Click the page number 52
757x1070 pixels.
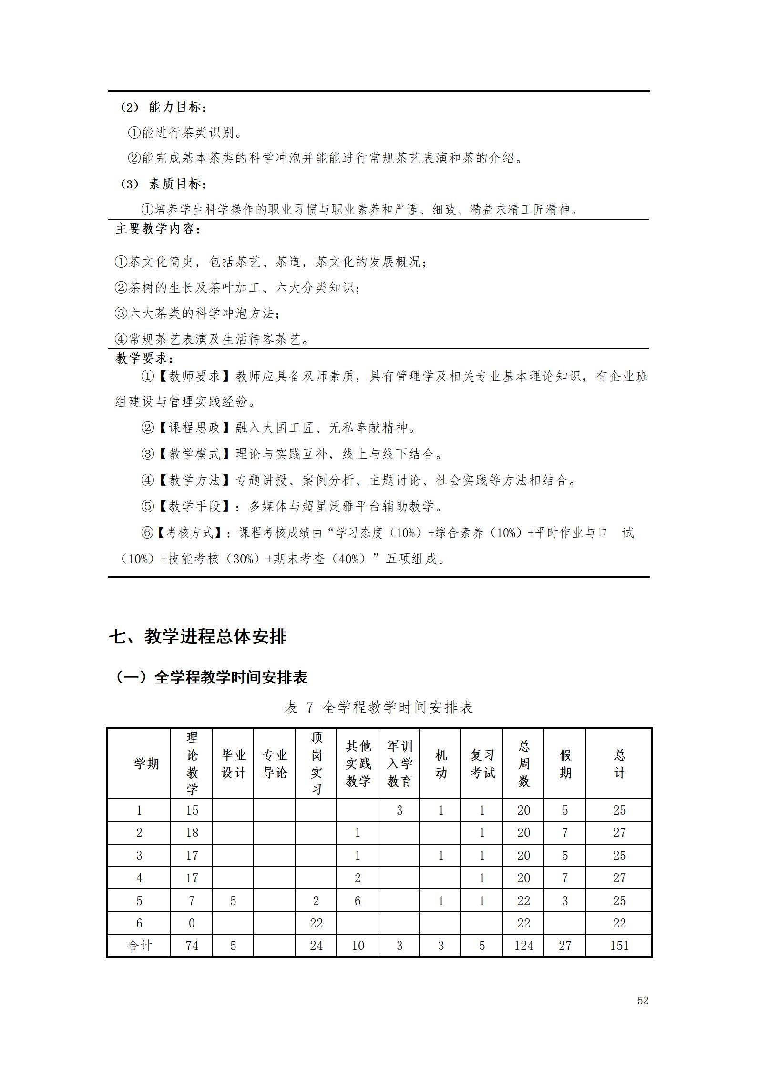pos(643,1000)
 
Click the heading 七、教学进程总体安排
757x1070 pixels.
pos(197,636)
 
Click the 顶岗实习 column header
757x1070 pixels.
pos(317,764)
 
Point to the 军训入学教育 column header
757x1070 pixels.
pos(399,764)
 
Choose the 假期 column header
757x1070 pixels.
pos(565,764)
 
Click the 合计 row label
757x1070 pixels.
pos(139,946)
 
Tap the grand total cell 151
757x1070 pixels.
pos(619,946)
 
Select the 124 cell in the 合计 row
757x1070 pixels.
pos(523,946)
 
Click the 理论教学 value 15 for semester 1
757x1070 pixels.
pos(192,810)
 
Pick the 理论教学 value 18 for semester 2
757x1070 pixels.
pos(192,833)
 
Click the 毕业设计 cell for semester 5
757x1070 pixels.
pos(233,901)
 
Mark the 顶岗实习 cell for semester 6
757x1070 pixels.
pos(317,923)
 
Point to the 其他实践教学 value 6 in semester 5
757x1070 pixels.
pos(358,901)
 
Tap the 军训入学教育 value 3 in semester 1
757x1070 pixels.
pos(399,810)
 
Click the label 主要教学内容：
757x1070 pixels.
pos(158,229)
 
